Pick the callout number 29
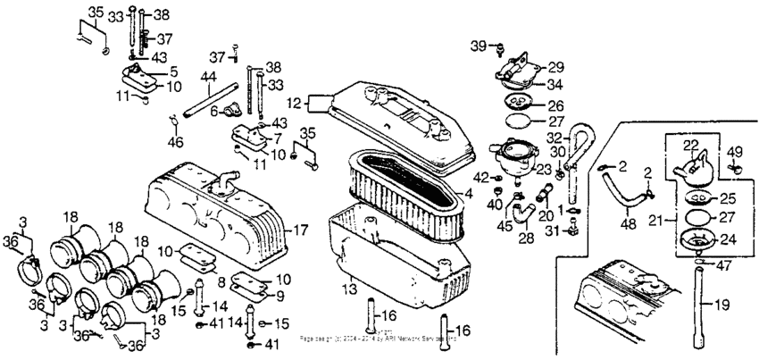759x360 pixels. pyautogui.click(x=555, y=67)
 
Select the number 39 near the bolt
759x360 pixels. pyautogui.click(x=477, y=45)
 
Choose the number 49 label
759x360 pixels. pyautogui.click(x=737, y=151)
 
